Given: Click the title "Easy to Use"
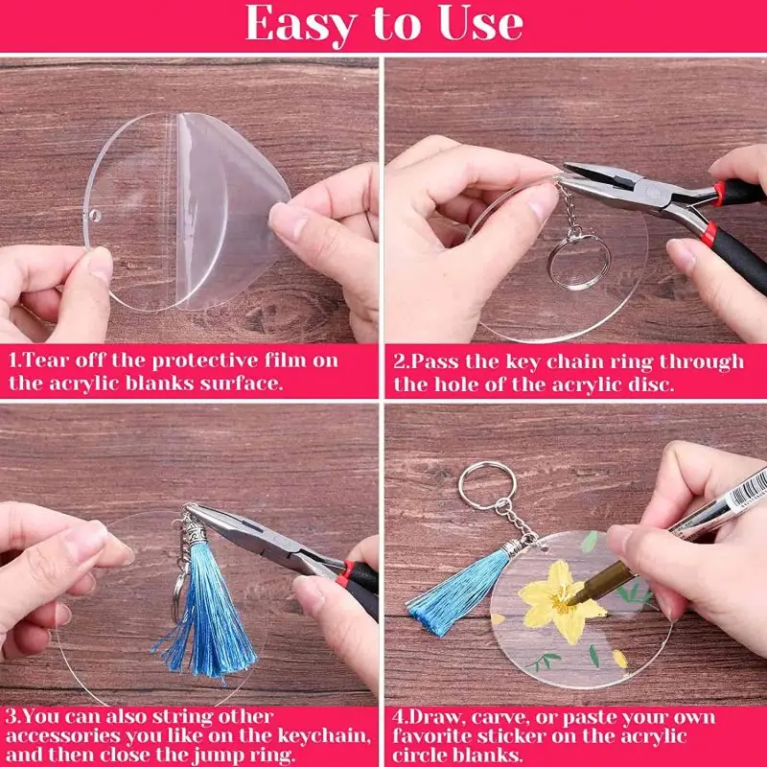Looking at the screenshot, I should click(383, 26).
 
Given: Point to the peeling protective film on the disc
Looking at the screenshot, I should click(225, 206).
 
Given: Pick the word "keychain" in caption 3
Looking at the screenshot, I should click(326, 736).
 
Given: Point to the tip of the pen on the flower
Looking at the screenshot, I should click(569, 598).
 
